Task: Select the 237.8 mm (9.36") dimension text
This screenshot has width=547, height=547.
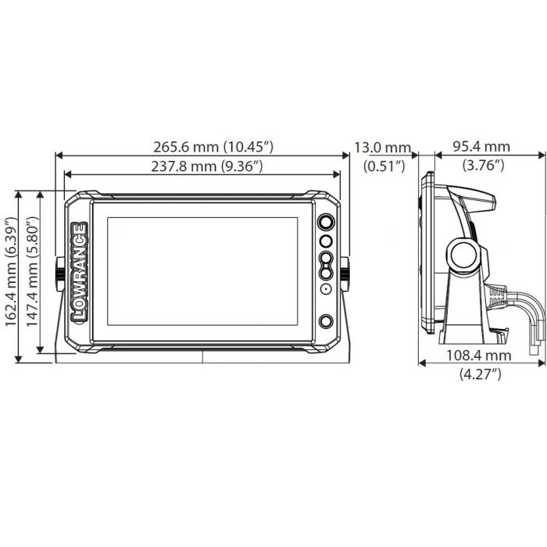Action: (202, 166)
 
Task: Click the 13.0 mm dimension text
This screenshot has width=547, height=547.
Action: (382, 146)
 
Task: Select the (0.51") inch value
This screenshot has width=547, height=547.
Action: (383, 165)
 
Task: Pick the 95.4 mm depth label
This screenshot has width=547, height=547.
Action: (482, 146)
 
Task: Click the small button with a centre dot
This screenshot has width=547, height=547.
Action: (325, 289)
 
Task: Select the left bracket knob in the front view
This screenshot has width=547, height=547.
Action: (59, 273)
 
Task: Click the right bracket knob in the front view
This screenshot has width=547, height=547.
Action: (344, 273)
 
